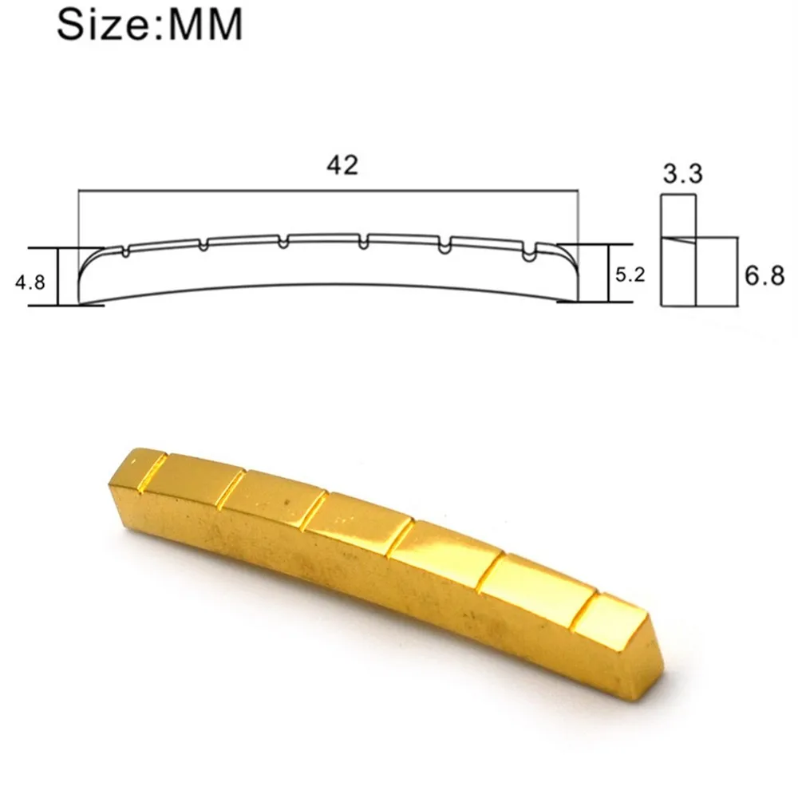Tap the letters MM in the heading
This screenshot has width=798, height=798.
[203, 26]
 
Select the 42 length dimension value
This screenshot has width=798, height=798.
[342, 165]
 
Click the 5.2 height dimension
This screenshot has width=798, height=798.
[628, 276]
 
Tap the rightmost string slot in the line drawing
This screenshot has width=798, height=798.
[527, 255]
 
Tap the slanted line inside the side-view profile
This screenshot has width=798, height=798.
[678, 237]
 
